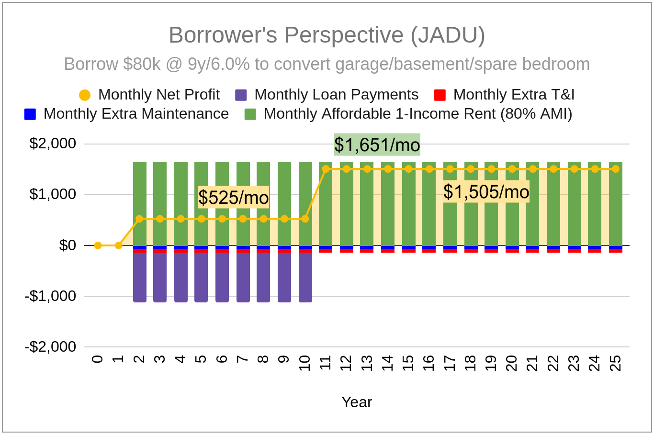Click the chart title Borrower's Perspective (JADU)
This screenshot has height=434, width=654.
(327, 35)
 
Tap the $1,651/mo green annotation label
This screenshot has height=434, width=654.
(377, 145)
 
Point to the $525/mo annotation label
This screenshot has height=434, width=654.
(234, 197)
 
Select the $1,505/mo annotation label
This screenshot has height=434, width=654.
(486, 192)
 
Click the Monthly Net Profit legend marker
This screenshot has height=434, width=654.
(85, 95)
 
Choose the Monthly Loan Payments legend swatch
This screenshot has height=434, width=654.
(241, 95)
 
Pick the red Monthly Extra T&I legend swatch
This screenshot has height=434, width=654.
(440, 95)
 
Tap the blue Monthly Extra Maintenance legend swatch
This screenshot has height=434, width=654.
(30, 114)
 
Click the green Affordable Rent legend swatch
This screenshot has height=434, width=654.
(250, 114)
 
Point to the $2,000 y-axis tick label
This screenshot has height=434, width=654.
(53, 144)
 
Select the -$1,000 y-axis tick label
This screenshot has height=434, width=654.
(50, 296)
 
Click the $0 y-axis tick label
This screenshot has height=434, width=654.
(68, 245)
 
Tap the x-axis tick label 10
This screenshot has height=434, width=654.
(305, 363)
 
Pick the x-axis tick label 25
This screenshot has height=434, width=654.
(616, 363)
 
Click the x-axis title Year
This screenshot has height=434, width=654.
(357, 402)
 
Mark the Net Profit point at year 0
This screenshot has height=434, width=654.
(98, 245)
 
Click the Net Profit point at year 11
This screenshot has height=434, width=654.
(326, 169)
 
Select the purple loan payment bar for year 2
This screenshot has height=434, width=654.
(139, 277)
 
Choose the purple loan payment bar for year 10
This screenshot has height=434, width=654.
(305, 277)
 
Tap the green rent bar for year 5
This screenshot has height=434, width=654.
(201, 203)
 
